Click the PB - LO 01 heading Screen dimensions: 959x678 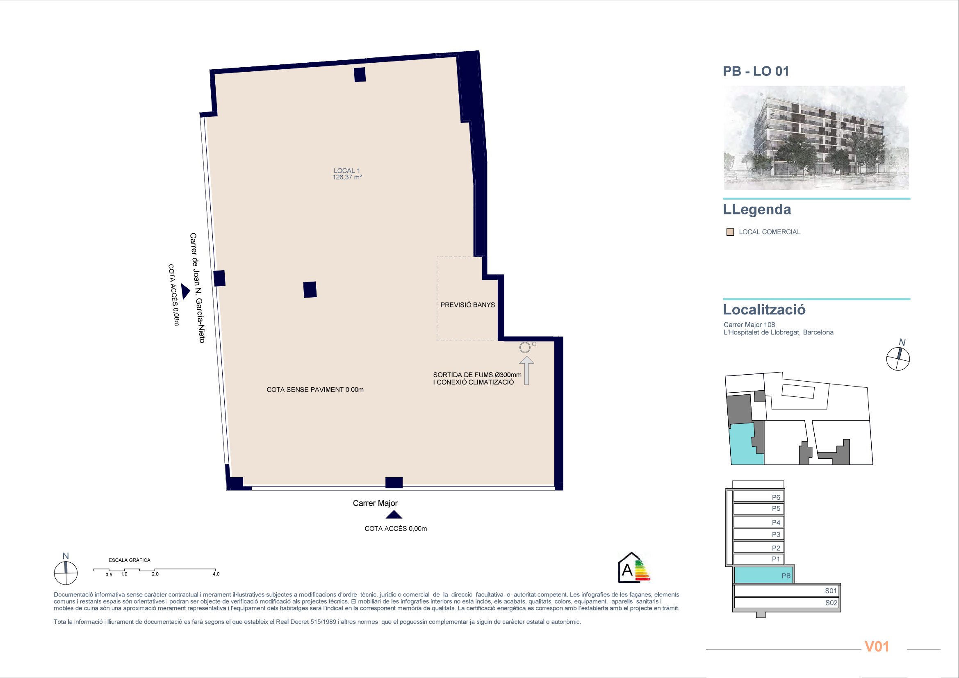point(756,71)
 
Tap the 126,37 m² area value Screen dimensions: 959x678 point(347,177)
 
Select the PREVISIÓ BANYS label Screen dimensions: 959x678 point(467,305)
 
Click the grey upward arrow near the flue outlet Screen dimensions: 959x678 point(526,370)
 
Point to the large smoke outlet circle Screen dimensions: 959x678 point(525,347)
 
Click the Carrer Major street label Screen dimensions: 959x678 point(375,503)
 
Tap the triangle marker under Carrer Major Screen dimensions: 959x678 point(394,515)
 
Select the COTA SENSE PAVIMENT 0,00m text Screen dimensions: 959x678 point(315,389)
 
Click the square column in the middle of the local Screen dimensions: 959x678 point(310,290)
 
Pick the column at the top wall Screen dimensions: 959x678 point(360,74)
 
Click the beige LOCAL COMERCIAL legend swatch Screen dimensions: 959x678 point(730,232)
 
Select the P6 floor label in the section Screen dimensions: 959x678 point(776,497)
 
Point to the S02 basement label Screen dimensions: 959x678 point(831,603)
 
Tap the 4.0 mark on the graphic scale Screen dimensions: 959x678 point(216,574)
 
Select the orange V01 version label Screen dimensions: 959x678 point(877,646)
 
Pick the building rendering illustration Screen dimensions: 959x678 point(816,138)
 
